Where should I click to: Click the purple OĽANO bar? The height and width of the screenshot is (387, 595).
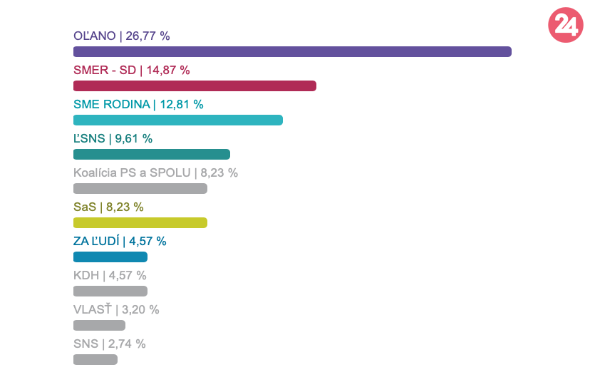point(292,51)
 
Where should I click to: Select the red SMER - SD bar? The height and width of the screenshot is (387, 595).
point(195,86)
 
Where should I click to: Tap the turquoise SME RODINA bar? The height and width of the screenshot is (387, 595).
point(178,120)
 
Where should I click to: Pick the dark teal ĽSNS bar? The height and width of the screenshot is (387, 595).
point(152,154)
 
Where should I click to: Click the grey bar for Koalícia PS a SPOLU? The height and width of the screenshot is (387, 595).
point(140,188)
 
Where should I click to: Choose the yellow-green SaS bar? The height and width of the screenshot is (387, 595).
point(140,222)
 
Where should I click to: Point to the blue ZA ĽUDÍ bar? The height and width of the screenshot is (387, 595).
point(110,257)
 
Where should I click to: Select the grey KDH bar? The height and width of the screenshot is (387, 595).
point(110,291)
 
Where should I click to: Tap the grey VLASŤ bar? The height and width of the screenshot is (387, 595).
point(99,325)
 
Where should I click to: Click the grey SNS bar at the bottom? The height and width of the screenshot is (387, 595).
point(95,359)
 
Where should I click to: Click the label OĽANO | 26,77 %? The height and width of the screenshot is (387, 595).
point(121,36)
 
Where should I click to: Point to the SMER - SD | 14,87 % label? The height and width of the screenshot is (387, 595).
point(131,70)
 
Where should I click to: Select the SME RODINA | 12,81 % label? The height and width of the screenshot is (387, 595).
point(138,104)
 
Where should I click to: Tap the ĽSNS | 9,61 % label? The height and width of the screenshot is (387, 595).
point(113,138)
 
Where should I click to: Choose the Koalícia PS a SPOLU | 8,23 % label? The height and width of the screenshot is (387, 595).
point(155,172)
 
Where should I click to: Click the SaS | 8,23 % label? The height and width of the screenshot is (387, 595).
point(108,207)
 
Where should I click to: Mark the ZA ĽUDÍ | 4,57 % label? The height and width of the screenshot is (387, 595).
point(120,241)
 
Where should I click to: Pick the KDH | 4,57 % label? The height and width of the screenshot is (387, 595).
point(110,275)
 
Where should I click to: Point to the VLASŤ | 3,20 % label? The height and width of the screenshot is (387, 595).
point(116,309)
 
